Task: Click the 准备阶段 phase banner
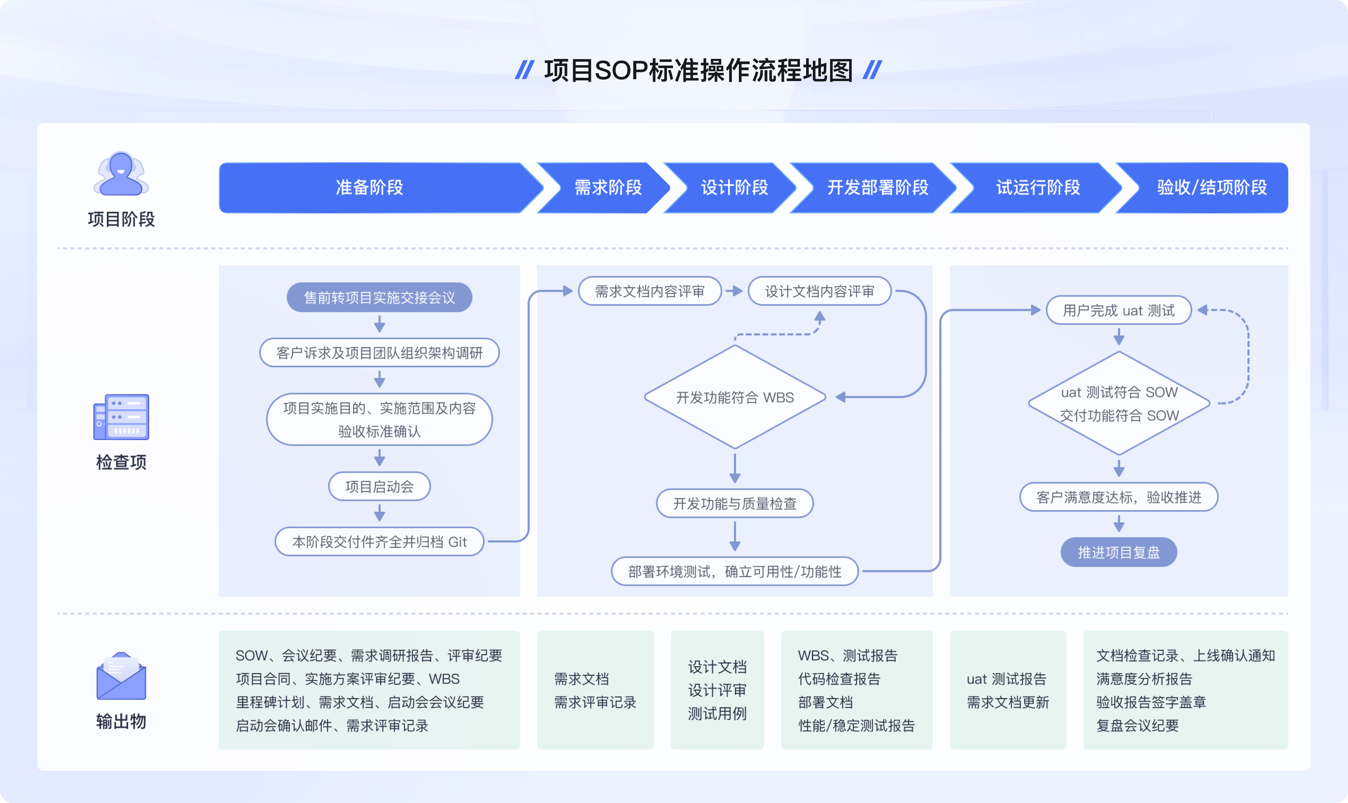370,188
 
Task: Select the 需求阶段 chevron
608,188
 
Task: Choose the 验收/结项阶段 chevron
1211,188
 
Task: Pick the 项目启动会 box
379,486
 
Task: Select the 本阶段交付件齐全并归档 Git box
379,542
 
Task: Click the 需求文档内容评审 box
649,292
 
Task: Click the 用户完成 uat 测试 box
1118,310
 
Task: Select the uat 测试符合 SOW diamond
1119,403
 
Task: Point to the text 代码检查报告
839,679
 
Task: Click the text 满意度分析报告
1144,679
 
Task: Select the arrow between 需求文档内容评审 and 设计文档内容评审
734,291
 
